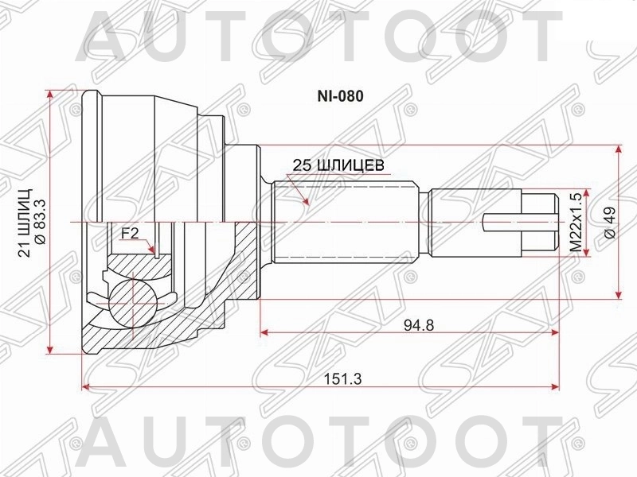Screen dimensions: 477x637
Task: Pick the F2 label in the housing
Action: coord(130,233)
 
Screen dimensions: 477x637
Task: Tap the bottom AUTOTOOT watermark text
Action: coord(318,442)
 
